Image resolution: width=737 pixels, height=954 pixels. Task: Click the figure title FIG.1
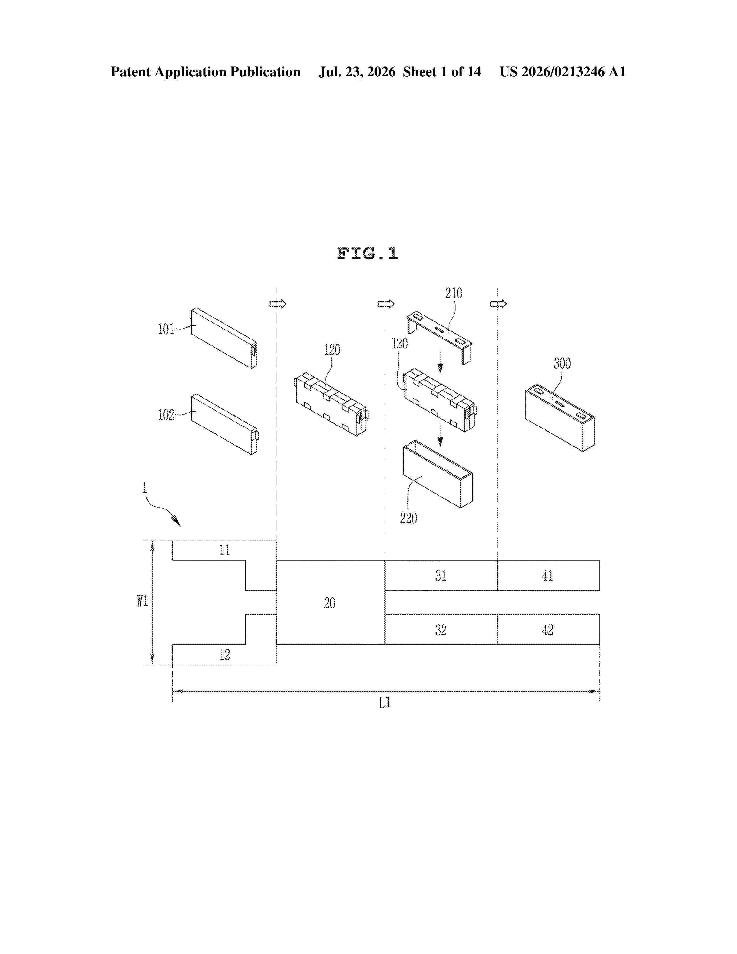click(368, 253)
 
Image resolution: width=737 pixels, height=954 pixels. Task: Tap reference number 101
click(166, 329)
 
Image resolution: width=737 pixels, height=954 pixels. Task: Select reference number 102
click(166, 415)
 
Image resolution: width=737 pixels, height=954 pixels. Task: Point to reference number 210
click(454, 293)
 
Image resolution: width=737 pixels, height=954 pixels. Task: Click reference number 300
click(562, 363)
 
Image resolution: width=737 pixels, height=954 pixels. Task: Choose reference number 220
click(408, 519)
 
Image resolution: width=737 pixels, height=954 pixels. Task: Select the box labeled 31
click(441, 575)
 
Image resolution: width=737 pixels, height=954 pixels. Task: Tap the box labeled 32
click(441, 629)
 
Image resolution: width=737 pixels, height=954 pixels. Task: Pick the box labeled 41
click(548, 575)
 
